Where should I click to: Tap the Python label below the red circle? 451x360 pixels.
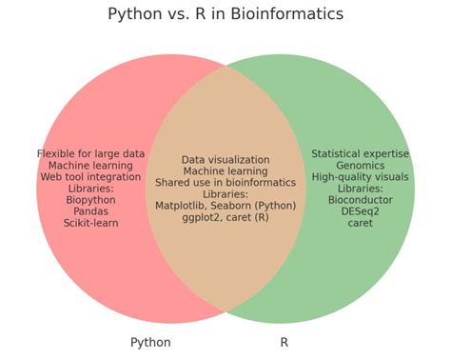[150, 342]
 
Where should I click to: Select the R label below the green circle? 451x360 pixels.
[284, 342]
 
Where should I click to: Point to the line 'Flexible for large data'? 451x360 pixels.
[91, 153]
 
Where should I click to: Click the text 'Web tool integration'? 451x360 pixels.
[91, 177]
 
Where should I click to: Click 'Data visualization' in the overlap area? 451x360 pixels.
[225, 160]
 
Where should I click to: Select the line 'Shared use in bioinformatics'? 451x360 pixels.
[225, 183]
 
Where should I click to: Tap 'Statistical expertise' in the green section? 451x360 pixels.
[360, 153]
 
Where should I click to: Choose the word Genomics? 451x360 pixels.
[360, 166]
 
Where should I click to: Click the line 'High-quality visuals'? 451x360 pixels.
[360, 177]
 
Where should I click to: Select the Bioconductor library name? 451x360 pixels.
[360, 200]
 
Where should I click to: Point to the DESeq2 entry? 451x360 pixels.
[360, 211]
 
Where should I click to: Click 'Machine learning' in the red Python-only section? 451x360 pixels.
[91, 166]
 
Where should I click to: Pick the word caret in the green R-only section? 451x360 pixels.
[360, 223]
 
